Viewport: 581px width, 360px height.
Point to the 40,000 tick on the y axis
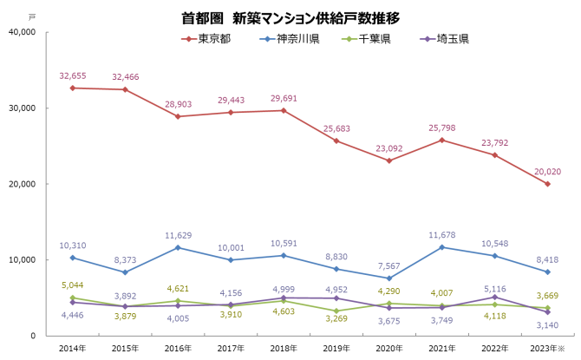[x=21, y=32]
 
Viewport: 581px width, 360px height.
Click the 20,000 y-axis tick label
[x=21, y=184]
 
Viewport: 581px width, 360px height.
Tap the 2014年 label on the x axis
[x=73, y=347]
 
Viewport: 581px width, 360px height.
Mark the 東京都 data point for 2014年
[x=73, y=88]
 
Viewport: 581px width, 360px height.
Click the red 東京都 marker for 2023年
[x=547, y=184]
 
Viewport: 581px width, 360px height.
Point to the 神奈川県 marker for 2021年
[x=442, y=247]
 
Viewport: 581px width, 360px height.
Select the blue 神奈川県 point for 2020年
[x=389, y=278]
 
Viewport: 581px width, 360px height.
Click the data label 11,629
[x=179, y=235]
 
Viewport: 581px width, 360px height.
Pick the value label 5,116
[x=493, y=288]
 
